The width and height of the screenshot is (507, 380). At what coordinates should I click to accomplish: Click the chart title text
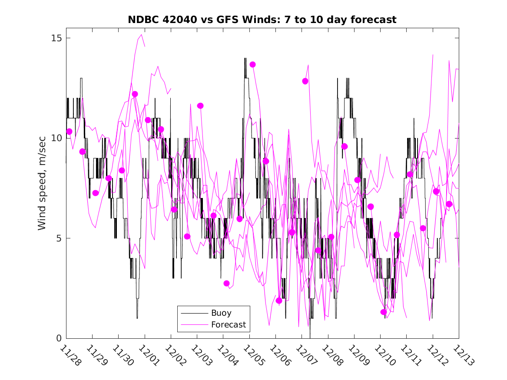262,20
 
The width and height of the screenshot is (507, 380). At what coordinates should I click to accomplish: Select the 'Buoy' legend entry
221,313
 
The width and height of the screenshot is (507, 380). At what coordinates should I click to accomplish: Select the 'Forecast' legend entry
228,324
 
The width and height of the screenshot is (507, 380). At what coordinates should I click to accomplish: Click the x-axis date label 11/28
70,355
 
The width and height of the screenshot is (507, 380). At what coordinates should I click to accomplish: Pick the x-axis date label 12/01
149,355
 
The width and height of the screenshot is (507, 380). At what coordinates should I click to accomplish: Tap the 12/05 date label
253,355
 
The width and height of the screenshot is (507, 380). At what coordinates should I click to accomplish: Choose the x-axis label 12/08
332,355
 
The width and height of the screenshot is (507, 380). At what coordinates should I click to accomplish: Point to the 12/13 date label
463,355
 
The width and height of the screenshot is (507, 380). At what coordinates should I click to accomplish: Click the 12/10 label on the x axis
384,355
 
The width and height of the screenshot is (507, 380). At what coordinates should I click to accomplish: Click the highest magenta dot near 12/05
252,64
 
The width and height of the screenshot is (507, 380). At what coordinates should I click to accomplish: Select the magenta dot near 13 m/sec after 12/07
305,81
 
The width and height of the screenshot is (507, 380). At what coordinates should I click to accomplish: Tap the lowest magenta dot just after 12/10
384,312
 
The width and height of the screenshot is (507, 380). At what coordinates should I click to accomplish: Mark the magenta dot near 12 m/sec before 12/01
135,94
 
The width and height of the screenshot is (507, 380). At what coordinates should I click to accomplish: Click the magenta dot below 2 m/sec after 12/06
279,301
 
